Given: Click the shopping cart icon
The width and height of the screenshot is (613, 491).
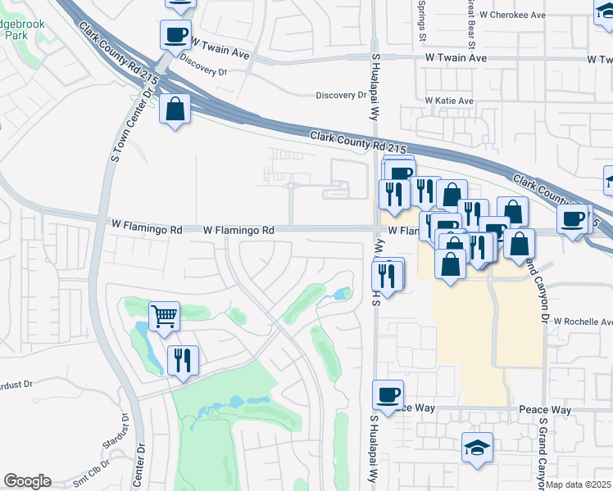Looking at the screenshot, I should pyautogui.click(x=165, y=315).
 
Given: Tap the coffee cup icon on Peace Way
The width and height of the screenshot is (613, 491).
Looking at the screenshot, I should pyautogui.click(x=388, y=394).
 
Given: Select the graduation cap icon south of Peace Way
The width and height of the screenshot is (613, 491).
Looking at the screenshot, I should pyautogui.click(x=477, y=448).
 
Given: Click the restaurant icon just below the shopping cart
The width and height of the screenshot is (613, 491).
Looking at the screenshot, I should pyautogui.click(x=183, y=359).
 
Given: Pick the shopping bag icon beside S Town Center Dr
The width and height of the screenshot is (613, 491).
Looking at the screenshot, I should pyautogui.click(x=175, y=109).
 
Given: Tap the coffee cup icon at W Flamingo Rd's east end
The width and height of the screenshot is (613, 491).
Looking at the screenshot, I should pyautogui.click(x=573, y=218).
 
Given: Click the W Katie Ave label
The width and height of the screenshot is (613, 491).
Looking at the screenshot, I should pyautogui.click(x=449, y=101).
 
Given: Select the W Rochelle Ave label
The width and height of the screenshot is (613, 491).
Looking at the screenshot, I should pyautogui.click(x=583, y=322).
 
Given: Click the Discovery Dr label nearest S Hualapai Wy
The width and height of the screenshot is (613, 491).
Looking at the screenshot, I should pyautogui.click(x=341, y=95).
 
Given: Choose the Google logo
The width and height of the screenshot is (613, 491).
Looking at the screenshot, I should pyautogui.click(x=27, y=481).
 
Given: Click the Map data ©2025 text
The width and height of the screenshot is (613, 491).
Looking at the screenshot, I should pyautogui.click(x=578, y=484).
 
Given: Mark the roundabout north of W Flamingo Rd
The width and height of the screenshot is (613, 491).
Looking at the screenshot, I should pyautogui.click(x=291, y=186).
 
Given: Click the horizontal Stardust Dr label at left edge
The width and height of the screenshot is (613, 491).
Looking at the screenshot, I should pyautogui.click(x=16, y=383).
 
